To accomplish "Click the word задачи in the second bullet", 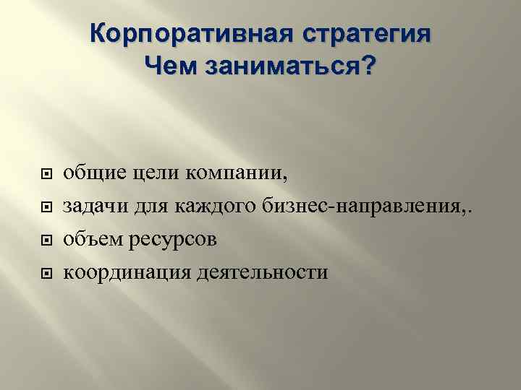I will (x=92, y=207).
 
